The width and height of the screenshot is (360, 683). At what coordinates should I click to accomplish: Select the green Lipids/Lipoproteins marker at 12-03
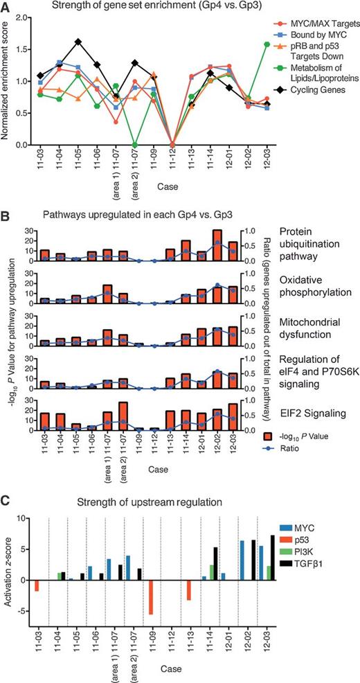267,44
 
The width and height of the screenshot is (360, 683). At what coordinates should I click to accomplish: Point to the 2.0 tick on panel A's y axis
21,18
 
